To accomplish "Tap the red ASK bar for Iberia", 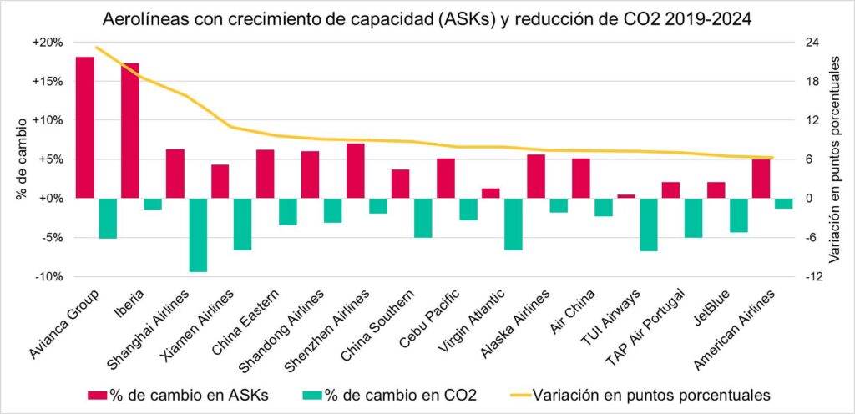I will pyautogui.click(x=129, y=130).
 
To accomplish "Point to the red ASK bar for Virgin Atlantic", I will pyautogui.click(x=491, y=193).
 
